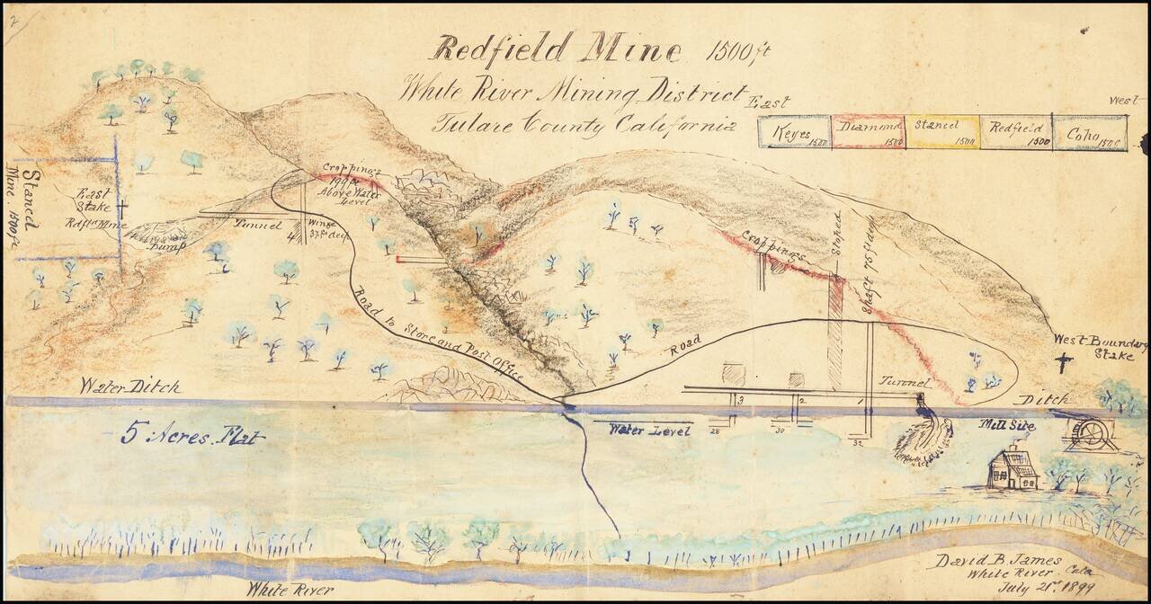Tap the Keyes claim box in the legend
pyautogui.click(x=792, y=131)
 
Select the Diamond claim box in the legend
pyautogui.click(x=868, y=131)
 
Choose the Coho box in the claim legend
pyautogui.click(x=1086, y=131)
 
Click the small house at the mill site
pyautogui.click(x=1013, y=469)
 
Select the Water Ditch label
pyautogui.click(x=129, y=386)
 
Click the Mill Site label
pyautogui.click(x=1005, y=426)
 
